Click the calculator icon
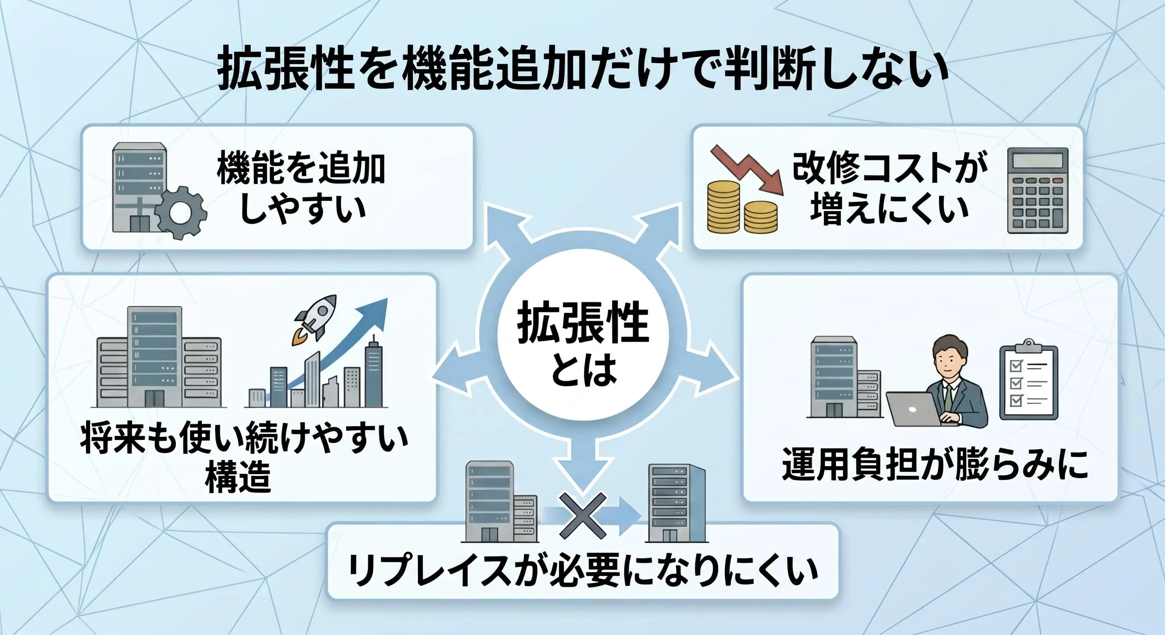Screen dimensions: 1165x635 1038,191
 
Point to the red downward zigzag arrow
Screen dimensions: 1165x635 747,170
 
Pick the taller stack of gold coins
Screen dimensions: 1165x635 724,207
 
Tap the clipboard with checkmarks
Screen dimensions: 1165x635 1028,380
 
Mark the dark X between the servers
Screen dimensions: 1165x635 582,516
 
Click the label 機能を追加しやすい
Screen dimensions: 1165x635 301,189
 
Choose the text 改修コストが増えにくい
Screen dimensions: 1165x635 890,189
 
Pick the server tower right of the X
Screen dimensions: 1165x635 676,503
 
